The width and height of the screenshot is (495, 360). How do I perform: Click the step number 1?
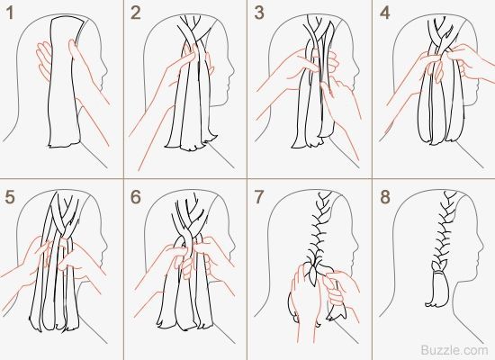pos(10,13)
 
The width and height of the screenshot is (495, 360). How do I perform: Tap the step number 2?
pos(136,13)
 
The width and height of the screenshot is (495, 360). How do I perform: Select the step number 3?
pos(259,13)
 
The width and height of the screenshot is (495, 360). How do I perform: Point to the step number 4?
pos(385,13)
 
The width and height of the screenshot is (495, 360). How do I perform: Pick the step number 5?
pos(10,197)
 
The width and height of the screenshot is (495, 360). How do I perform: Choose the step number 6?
pos(136,197)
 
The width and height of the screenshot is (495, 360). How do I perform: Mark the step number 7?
pos(259,197)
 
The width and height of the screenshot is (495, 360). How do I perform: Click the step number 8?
pos(385,197)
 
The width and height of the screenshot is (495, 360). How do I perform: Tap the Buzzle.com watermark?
pos(454,350)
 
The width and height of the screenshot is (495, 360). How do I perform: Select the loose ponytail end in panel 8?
pos(437,291)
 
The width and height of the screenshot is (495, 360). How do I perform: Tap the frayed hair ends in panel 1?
pos(64,144)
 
